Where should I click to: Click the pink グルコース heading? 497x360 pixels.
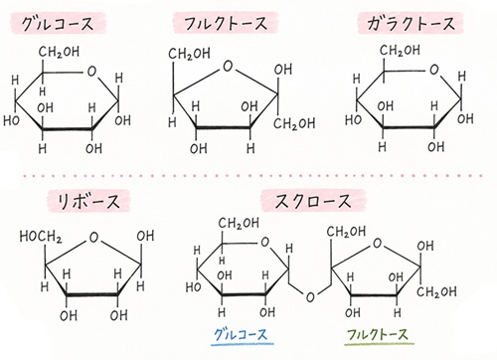pos(57,24)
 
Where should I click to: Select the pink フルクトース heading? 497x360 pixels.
pos(226,23)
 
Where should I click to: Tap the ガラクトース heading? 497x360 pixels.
pos(411,23)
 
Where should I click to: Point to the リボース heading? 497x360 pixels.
pos(88,201)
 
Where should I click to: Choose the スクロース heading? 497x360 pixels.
pos(313,201)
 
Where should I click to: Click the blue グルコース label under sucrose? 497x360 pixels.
pos(241,334)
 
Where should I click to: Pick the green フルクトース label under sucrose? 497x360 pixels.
pos(378,334)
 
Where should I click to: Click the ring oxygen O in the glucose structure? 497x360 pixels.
pos(91,72)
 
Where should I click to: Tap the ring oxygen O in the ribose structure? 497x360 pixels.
pos(93,238)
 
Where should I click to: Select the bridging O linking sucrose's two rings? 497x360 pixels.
pos(310,297)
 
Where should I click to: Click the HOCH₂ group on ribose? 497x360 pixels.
pos(41,237)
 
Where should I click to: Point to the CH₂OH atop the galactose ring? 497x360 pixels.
pos(400,51)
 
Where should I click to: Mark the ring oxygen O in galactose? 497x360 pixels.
pos(433,70)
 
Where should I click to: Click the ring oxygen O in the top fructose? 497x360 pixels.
pos(228,67)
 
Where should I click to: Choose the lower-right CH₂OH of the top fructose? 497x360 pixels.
pos(294,123)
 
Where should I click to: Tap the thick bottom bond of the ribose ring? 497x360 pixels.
pos(92,294)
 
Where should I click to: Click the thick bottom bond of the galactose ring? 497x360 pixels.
pos(409,127)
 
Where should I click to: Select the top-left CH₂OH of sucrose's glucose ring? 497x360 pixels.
pos(239,223)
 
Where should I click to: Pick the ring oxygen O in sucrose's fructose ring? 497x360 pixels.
pos(377,244)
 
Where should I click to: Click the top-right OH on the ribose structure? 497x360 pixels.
pos(145,236)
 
